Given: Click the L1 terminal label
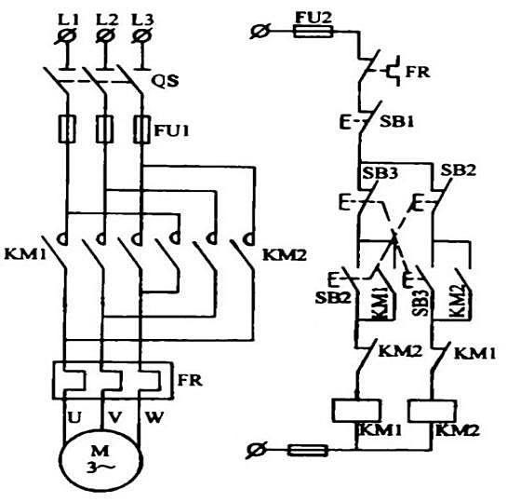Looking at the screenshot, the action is [68, 20].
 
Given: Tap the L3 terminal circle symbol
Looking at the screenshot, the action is [142, 36].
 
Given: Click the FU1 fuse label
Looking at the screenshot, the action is [172, 130].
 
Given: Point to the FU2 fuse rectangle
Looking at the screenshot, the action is [313, 32].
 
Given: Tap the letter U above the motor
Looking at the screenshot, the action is [74, 417].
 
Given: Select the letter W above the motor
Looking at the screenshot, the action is [153, 417].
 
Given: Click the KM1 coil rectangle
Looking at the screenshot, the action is [356, 411].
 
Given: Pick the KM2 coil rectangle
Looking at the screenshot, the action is [433, 411].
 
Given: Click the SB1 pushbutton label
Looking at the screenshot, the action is [396, 122].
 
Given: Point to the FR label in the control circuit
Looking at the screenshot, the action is [418, 72].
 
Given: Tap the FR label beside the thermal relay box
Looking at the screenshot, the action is [190, 380].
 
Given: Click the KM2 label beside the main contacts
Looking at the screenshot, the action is [285, 255].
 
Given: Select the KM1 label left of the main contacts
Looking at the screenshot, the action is [25, 255].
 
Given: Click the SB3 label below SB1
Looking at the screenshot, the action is [380, 173].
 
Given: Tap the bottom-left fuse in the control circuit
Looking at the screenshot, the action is [307, 450].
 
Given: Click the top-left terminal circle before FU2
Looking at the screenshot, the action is [260, 32].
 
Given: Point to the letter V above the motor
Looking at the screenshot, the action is [114, 417].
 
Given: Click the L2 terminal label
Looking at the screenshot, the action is [107, 20].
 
